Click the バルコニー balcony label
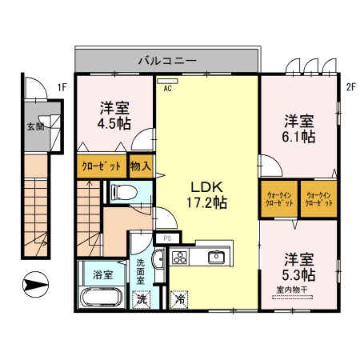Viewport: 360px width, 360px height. (167, 61)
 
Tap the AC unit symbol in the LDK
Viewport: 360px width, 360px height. (167, 81)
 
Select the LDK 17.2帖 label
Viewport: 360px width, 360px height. (206, 195)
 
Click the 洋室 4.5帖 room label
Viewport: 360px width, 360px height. (114, 116)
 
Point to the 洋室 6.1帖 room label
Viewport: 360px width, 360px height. (299, 129)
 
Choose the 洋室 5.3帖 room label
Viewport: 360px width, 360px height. (299, 267)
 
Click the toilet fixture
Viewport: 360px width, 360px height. (125, 192)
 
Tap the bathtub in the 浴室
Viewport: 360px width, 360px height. (102, 297)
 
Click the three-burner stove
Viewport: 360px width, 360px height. (180, 258)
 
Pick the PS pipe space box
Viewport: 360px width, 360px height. (167, 238)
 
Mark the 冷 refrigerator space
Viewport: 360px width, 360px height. (179, 299)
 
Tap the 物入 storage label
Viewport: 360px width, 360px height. (141, 166)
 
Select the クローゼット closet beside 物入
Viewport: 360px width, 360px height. (102, 166)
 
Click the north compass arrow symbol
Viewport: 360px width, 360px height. (35, 284)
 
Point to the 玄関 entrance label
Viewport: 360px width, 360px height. (36, 126)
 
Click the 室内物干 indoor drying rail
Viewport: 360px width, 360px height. (292, 297)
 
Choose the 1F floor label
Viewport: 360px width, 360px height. (62, 87)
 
